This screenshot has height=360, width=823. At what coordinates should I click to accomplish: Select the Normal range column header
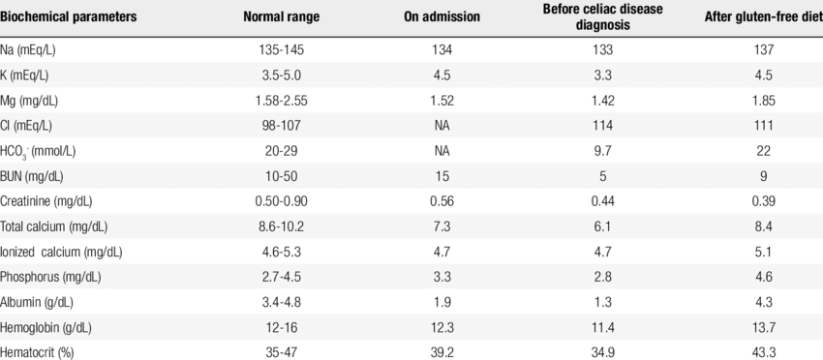(x=281, y=17)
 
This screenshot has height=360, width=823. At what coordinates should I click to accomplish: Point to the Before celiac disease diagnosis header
(x=604, y=17)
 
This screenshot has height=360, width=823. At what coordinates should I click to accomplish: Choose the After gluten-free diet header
(x=761, y=17)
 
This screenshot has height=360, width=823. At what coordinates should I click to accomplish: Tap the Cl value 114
(x=604, y=126)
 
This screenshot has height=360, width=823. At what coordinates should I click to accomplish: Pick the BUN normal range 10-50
(x=281, y=176)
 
